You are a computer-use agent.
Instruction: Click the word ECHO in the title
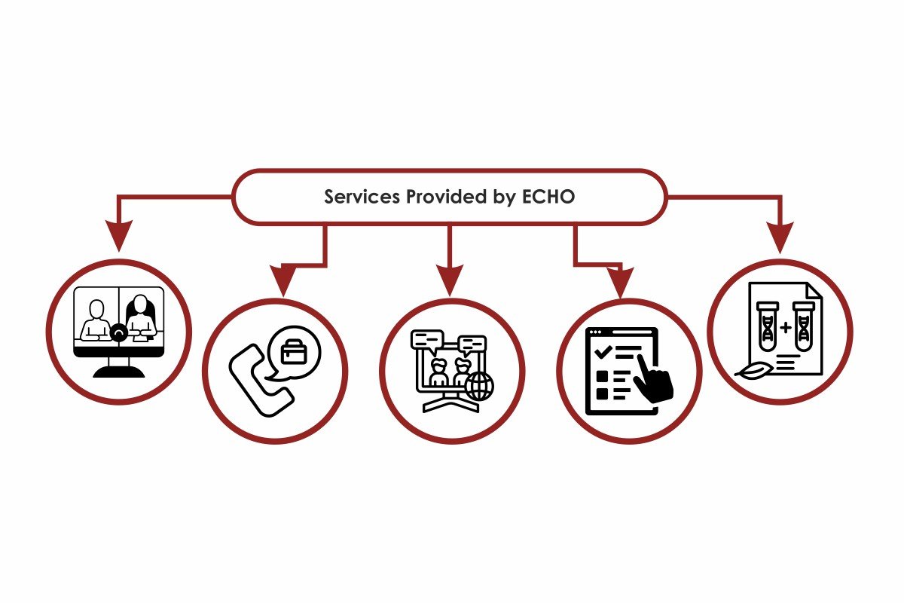[548, 197]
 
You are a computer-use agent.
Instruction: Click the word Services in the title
[362, 197]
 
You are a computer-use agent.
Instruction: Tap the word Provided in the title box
[446, 197]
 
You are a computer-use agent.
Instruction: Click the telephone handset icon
[261, 381]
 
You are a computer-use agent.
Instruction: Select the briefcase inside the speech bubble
[294, 352]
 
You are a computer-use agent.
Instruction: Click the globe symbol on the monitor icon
[479, 386]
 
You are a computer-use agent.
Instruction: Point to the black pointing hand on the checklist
[652, 378]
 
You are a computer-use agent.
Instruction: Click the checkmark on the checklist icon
[603, 351]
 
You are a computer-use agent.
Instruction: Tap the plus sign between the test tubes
[786, 327]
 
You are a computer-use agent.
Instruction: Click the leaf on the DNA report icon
[754, 372]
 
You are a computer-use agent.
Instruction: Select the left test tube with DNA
[768, 326]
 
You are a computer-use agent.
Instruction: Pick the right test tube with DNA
[804, 326]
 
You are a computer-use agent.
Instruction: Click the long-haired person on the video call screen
[140, 318]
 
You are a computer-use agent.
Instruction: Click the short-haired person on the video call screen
[96, 320]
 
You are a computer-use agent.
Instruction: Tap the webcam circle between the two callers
[119, 333]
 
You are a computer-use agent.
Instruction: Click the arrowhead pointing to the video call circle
[119, 235]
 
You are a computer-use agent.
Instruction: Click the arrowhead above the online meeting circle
[450, 280]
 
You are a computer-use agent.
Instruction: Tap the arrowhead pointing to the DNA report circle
[780, 238]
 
